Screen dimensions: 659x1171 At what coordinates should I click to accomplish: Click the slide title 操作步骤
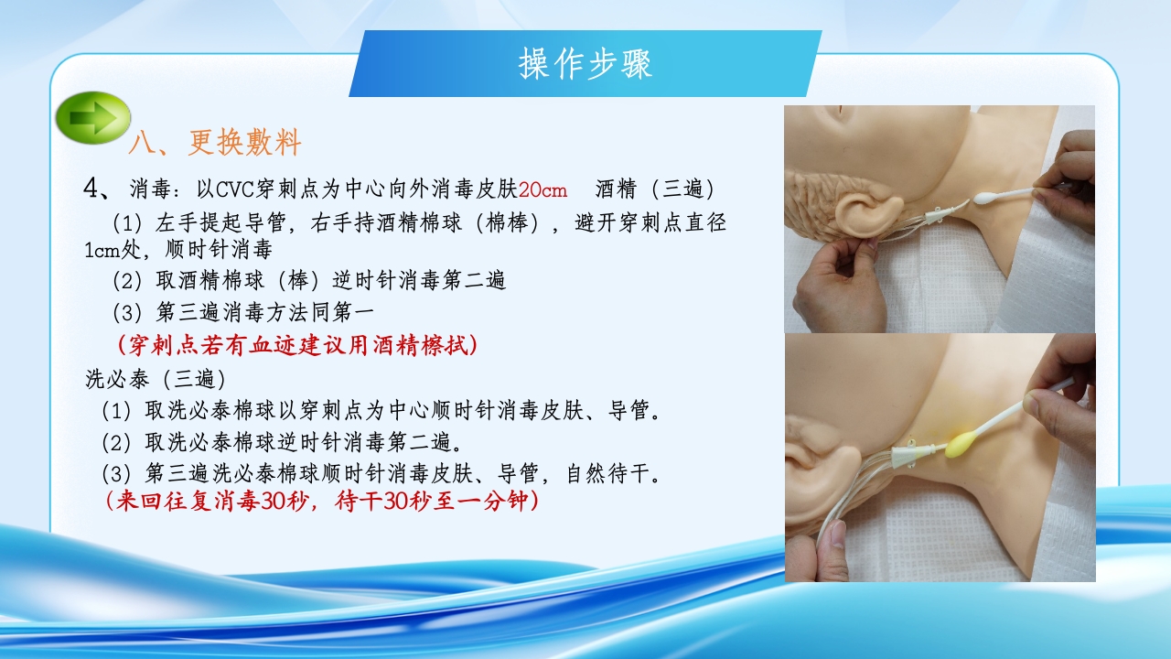point(585,65)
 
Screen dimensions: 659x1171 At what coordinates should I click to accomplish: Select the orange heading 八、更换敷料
point(215,143)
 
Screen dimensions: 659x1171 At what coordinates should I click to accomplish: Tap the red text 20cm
point(543,189)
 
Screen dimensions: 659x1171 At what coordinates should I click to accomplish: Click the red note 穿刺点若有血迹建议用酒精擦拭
point(297,345)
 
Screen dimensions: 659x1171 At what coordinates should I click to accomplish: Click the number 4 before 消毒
point(91,189)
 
